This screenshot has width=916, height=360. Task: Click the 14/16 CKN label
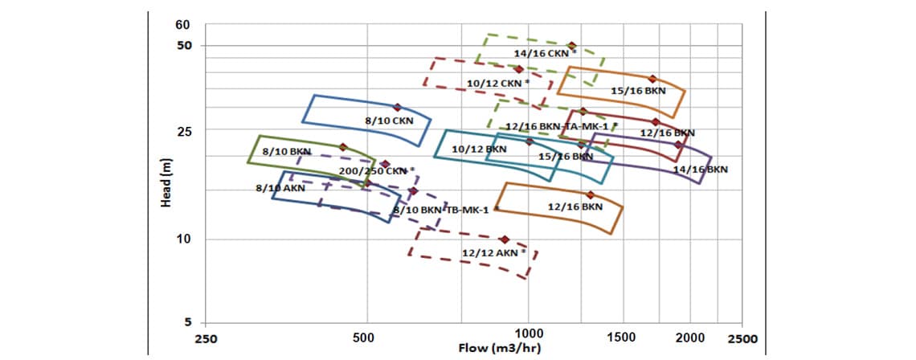pos(545,54)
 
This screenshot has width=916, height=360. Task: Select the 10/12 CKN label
pos(497,83)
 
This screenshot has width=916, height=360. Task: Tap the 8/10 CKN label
pos(389,121)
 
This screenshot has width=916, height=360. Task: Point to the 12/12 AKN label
pos(493,252)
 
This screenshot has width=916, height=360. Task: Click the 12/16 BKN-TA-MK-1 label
pos(561,127)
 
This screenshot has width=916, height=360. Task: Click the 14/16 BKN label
pos(700,170)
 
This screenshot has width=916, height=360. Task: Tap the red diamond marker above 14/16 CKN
pos(571,46)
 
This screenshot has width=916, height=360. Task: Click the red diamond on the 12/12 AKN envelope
pos(504,239)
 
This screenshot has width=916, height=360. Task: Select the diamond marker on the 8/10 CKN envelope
pos(397,107)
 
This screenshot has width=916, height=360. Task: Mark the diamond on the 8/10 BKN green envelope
pos(343,147)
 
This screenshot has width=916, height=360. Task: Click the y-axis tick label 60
pos(183,24)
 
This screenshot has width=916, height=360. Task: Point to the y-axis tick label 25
pos(183,130)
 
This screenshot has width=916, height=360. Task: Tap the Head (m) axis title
pos(166,182)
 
